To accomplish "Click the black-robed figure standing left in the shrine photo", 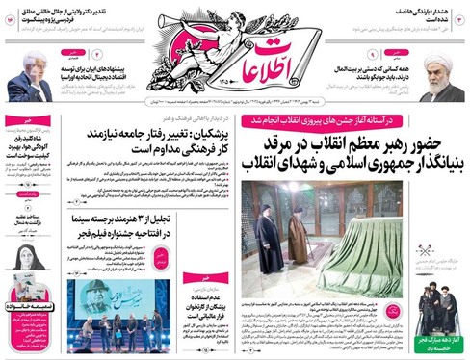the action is pyautogui.click(x=267, y=241).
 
